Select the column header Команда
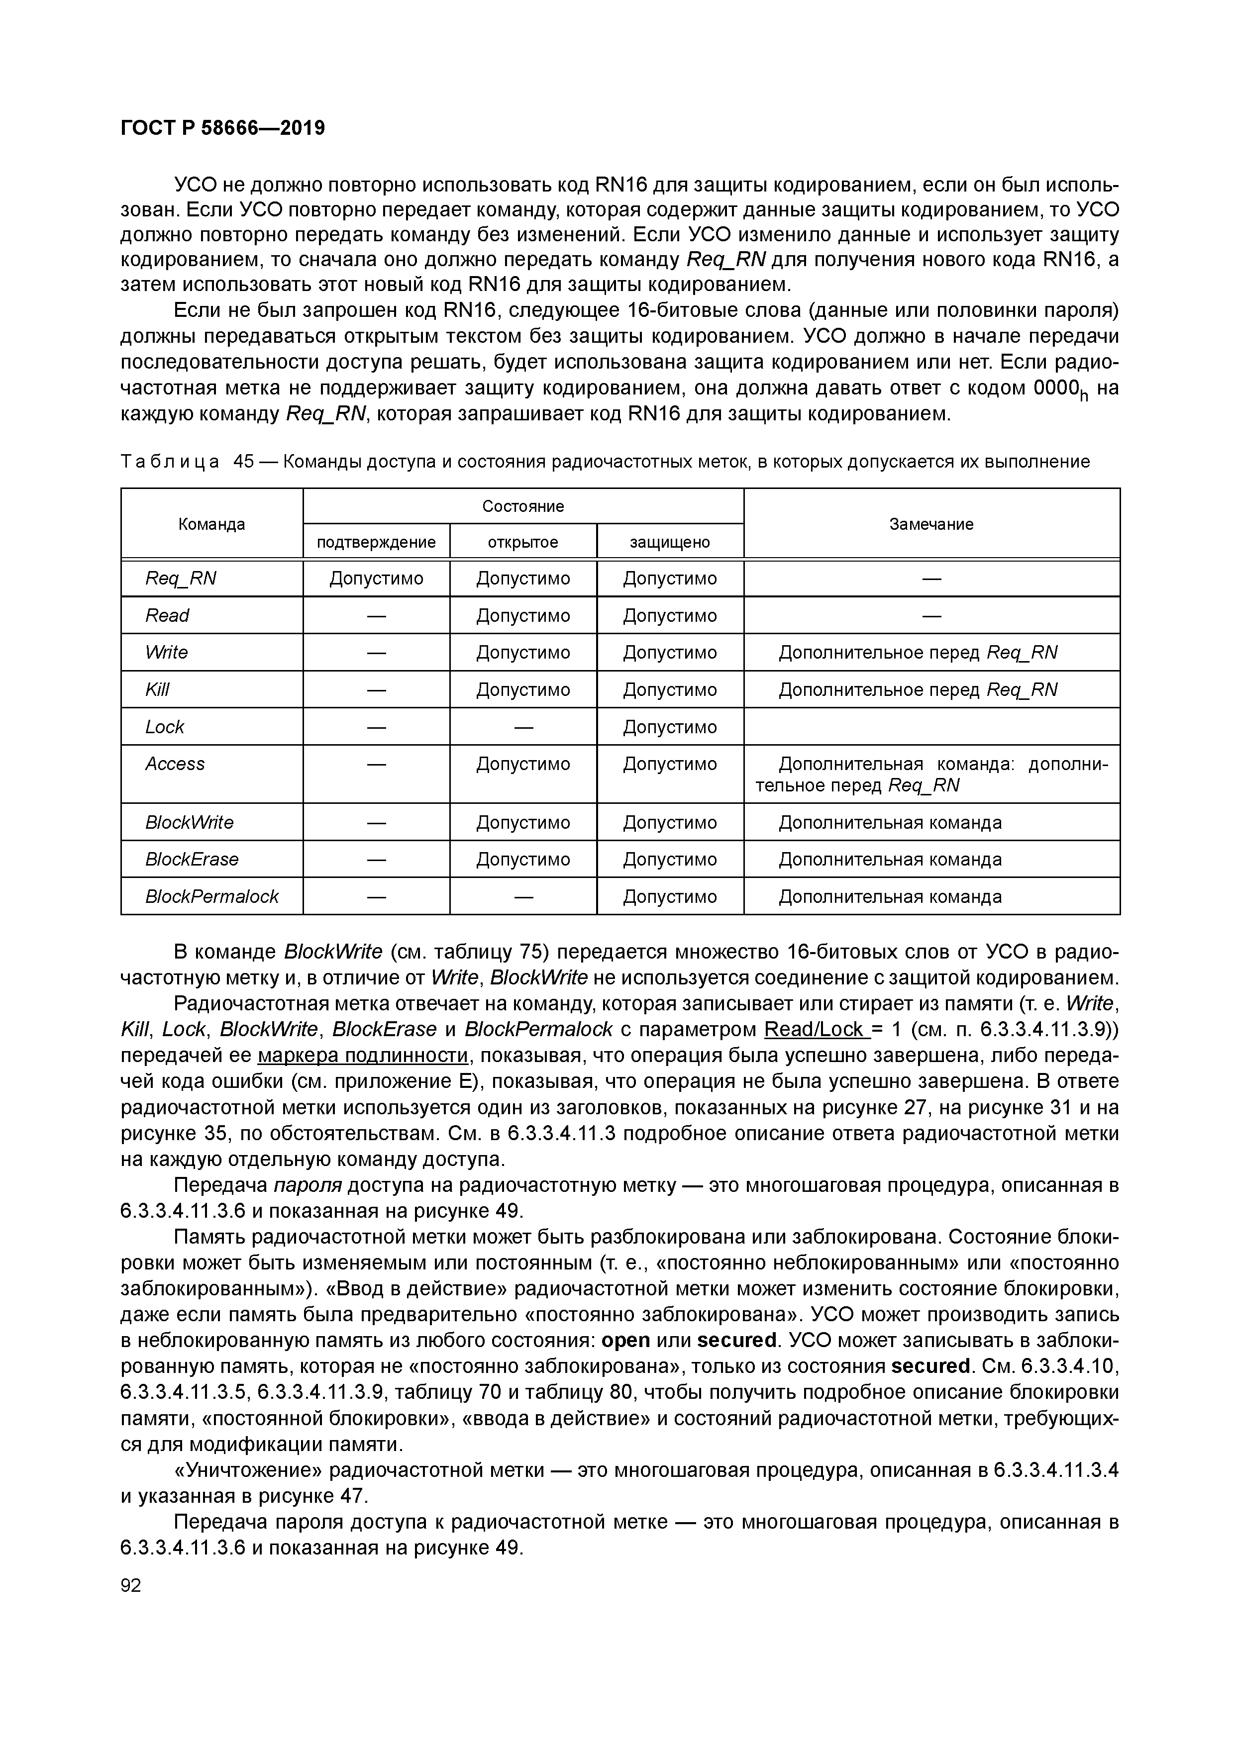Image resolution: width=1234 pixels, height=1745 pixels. pos(211,524)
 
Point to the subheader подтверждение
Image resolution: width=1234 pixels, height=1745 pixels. pos(376,542)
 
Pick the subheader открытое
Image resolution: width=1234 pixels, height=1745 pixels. pos(523,542)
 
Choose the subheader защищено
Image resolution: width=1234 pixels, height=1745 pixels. pos(670,542)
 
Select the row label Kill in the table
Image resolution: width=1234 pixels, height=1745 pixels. pos(157,689)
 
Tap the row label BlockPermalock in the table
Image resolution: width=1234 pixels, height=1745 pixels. pos(212,896)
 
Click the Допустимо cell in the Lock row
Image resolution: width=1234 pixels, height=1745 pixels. pos(670,727)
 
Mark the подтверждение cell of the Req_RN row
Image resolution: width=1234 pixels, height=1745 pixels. pos(376,579)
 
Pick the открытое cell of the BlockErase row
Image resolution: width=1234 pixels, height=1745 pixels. pos(523,859)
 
